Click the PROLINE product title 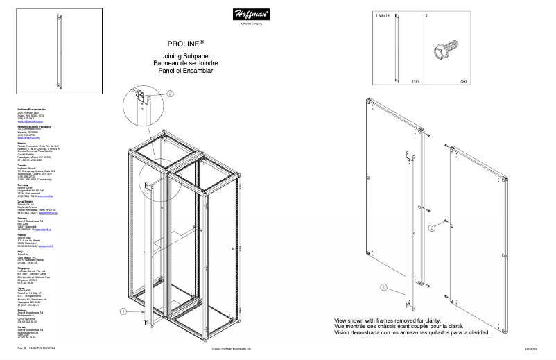pyautogui.click(x=185, y=42)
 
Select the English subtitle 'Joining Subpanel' pyautogui.click(x=185, y=55)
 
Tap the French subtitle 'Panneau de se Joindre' pyautogui.click(x=185, y=63)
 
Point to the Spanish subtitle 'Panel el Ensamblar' pyautogui.click(x=185, y=71)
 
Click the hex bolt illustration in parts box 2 pyautogui.click(x=442, y=51)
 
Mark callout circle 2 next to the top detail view pyautogui.click(x=171, y=93)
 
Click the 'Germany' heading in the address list pyautogui.click(x=24, y=184)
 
